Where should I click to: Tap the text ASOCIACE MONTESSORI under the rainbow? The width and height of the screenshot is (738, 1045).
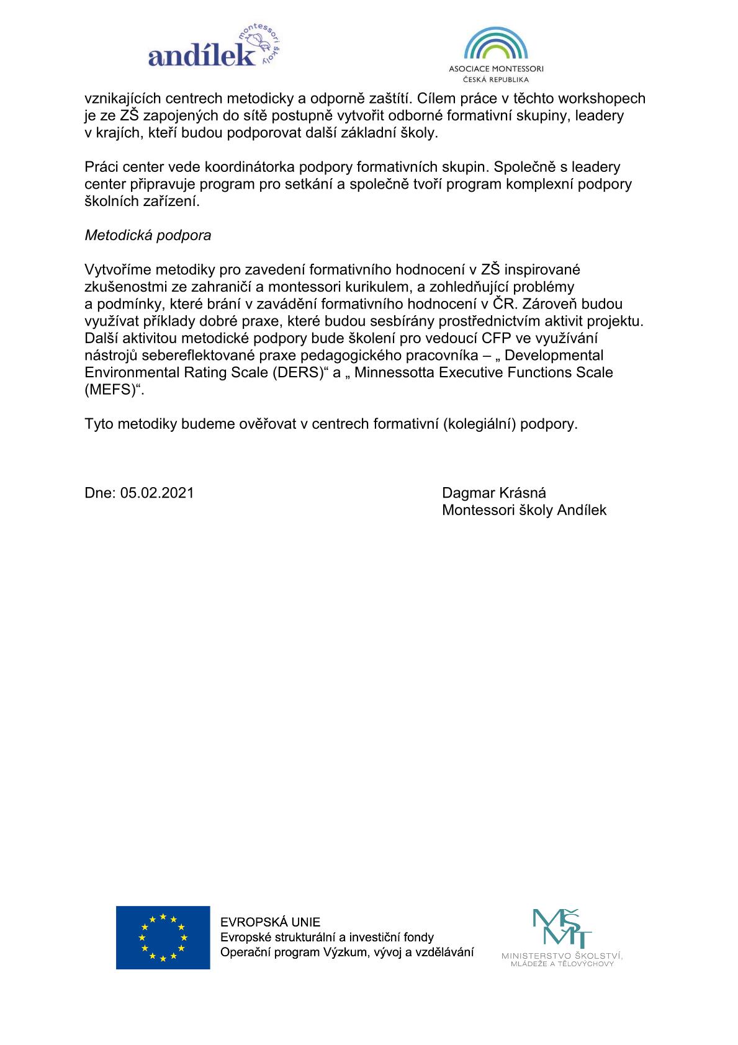[496, 69]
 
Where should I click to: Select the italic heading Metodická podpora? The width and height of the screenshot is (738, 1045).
[148, 236]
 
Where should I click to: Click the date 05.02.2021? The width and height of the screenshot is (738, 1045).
[157, 493]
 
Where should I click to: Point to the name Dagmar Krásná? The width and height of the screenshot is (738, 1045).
[494, 493]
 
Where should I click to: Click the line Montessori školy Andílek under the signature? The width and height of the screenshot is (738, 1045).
[524, 511]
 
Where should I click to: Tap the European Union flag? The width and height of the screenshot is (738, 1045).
[163, 937]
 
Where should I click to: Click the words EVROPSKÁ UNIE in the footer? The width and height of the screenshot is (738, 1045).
[271, 922]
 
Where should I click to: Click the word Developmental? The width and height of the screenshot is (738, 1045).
[554, 356]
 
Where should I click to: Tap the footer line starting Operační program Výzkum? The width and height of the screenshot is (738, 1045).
[347, 953]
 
